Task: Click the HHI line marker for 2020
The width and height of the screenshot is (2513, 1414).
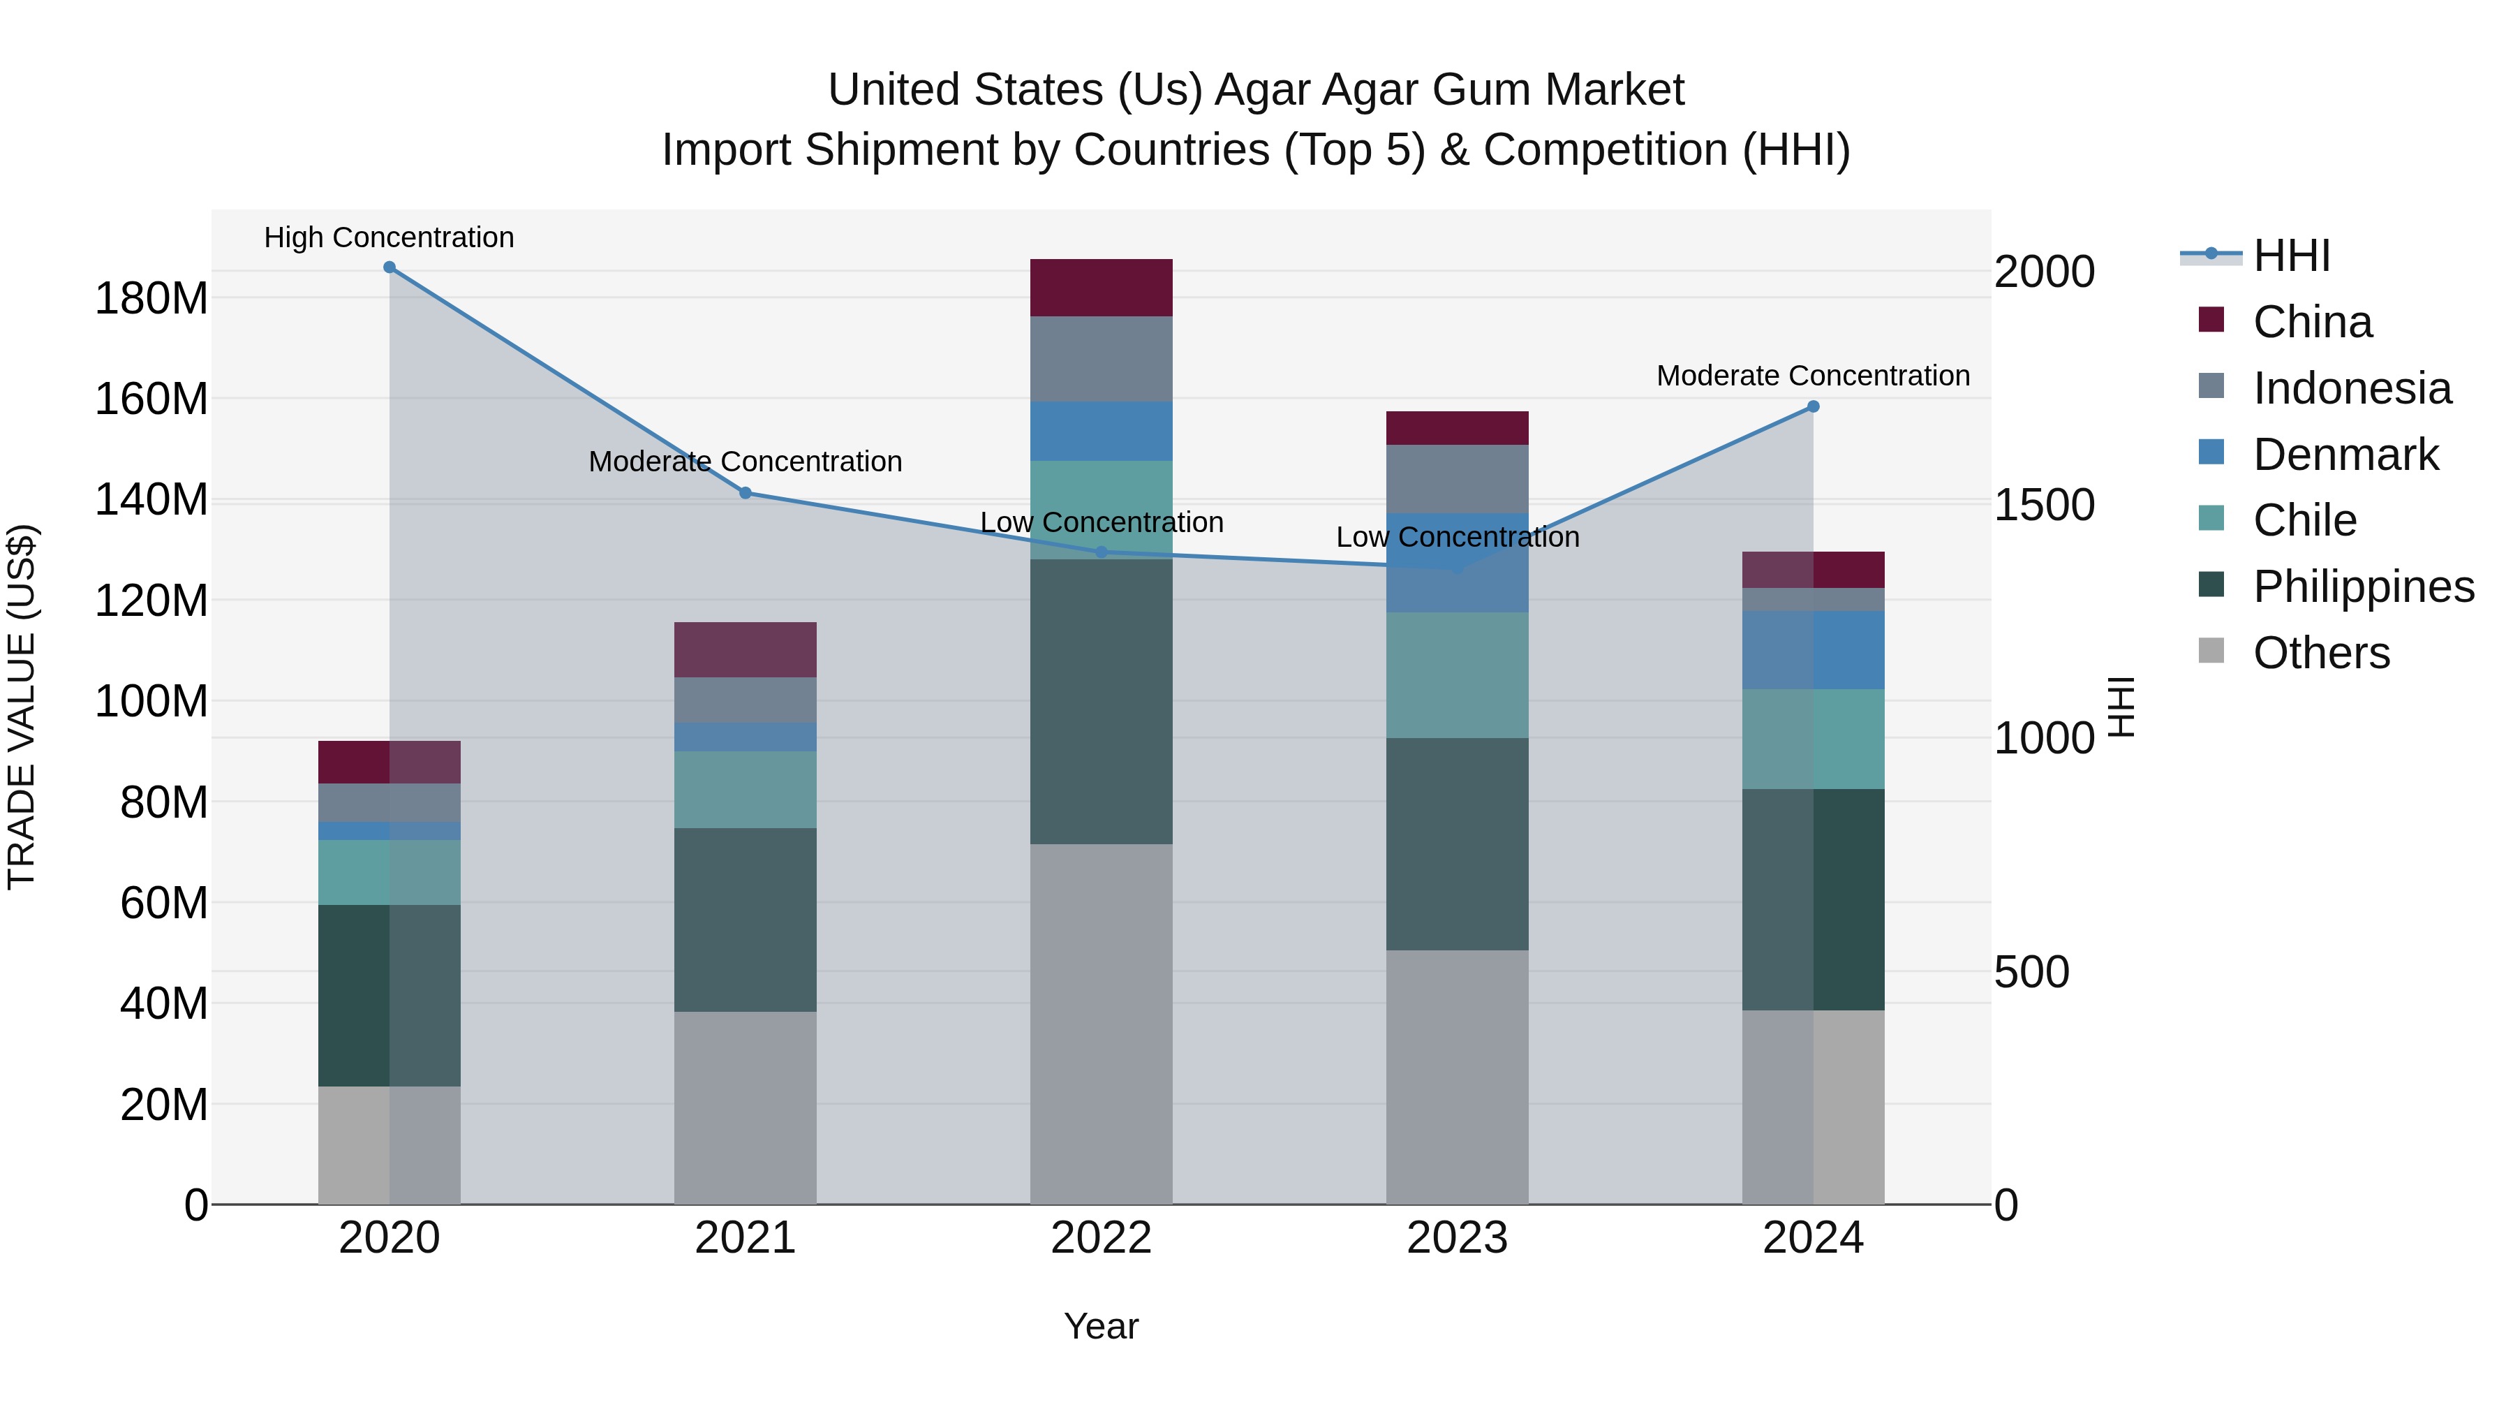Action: (390, 267)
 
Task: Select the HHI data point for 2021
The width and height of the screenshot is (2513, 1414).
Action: (746, 493)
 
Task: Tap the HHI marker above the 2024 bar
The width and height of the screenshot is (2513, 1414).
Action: (1813, 407)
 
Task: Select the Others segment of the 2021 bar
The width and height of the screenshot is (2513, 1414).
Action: (746, 1107)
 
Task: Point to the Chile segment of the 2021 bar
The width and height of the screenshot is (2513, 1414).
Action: (746, 790)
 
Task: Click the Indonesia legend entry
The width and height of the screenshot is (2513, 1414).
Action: (2351, 388)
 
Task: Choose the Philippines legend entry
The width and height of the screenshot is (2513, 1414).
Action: (2363, 587)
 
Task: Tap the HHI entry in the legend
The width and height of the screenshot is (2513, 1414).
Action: (2290, 256)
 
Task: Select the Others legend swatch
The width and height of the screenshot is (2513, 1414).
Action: (2211, 651)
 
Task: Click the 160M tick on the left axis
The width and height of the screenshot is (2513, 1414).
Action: (151, 399)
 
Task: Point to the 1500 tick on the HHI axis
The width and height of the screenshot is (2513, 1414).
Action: (2044, 506)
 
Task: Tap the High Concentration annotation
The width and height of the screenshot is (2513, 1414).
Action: (390, 237)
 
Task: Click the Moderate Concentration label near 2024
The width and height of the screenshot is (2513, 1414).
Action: (1813, 376)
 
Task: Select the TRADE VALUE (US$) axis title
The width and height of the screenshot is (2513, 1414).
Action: (22, 707)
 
